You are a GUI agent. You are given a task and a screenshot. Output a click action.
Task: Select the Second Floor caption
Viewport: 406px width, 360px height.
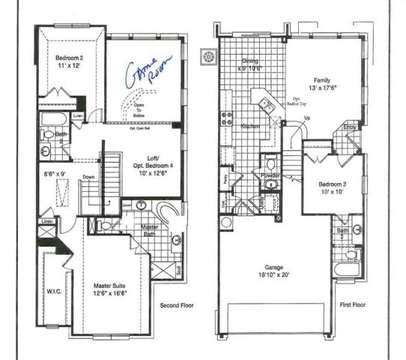(178, 305)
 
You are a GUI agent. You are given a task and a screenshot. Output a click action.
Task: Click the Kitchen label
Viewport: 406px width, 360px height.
(250, 127)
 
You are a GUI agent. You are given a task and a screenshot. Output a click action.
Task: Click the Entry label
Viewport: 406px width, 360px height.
(349, 128)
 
